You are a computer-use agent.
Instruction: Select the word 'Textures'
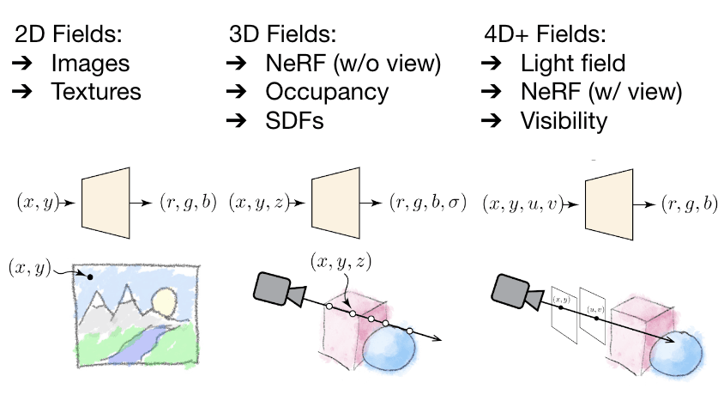point(96,91)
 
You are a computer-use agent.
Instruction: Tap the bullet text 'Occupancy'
point(327,91)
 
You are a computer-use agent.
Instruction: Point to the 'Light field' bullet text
point(573,63)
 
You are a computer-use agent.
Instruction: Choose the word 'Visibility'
point(564,120)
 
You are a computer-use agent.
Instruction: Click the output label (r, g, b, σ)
point(427,204)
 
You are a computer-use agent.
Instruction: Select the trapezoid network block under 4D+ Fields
point(608,203)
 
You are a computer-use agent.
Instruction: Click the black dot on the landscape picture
point(90,278)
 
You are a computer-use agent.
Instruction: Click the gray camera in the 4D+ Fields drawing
point(516,292)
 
